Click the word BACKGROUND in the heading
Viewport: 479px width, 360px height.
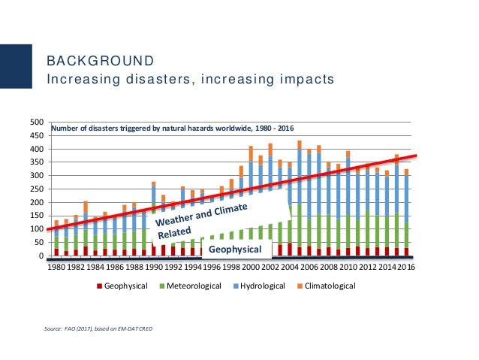click(101, 60)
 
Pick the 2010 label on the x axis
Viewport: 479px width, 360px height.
click(348, 267)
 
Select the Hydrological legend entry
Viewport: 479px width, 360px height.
click(268, 286)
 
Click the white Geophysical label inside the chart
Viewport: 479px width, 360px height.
click(233, 249)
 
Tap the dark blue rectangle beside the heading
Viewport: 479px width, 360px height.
click(16, 68)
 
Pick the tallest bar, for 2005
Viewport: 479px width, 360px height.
click(299, 198)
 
